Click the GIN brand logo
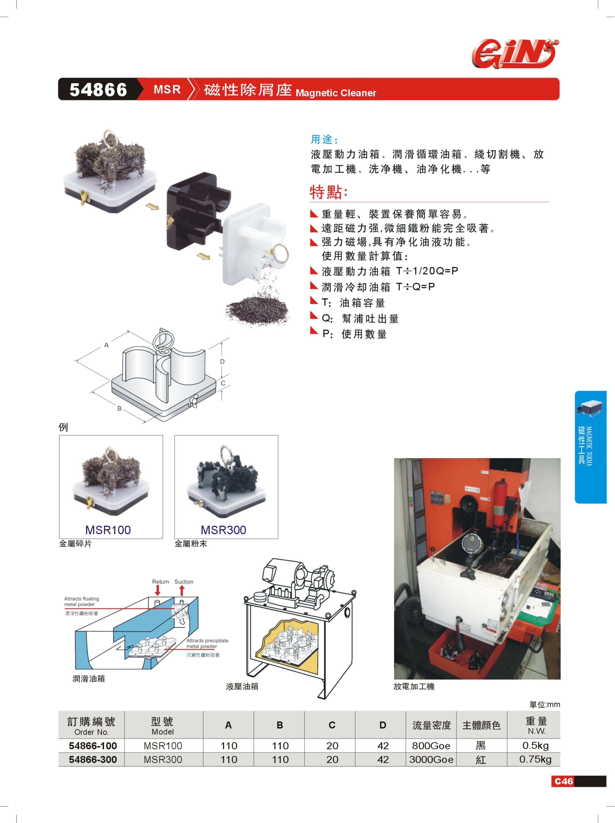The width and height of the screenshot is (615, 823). click(515, 53)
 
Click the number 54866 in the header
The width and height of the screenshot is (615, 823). click(98, 90)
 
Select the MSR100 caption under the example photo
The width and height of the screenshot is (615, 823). click(108, 530)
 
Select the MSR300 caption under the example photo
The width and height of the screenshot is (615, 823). click(223, 530)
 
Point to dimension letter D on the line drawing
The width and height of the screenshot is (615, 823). click(222, 362)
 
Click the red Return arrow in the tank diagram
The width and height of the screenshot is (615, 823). click(157, 590)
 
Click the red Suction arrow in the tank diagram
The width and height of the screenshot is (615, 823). click(182, 590)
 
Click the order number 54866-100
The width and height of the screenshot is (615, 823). click(93, 746)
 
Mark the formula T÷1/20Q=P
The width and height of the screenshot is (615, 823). click(427, 271)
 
